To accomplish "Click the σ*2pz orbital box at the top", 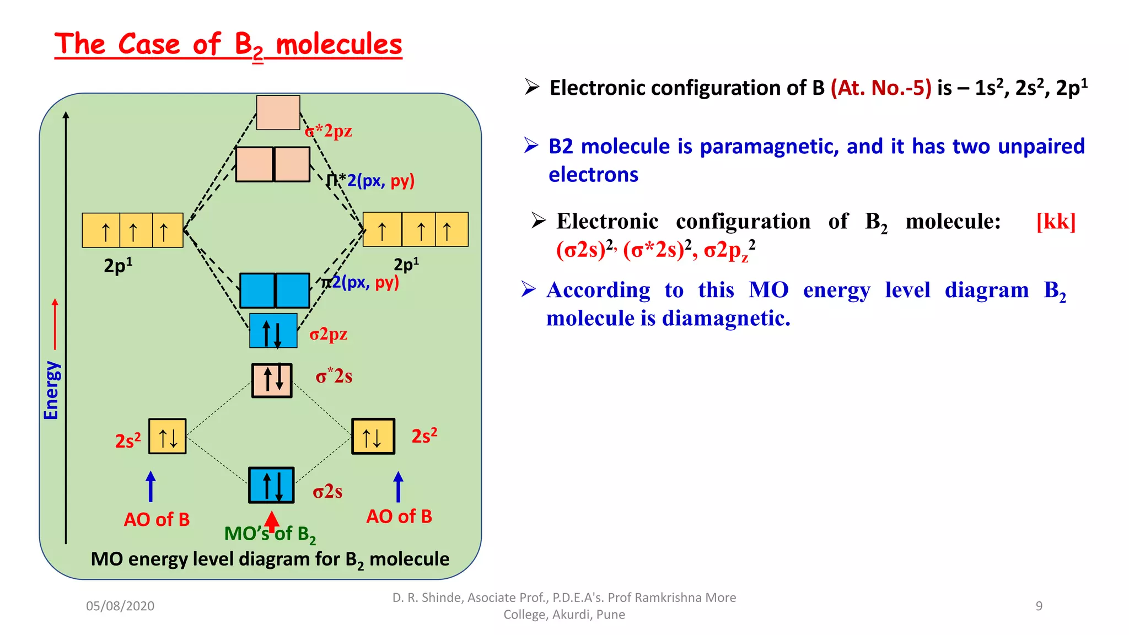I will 278,112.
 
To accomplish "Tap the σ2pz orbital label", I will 328,334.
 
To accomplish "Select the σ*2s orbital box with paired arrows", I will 272,380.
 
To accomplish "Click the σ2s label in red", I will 327,491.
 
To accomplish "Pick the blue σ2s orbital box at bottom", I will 271,486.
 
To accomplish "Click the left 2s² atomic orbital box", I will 168,437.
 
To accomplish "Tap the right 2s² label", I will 424,435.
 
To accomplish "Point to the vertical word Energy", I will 51,390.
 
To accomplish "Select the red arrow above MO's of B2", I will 271,521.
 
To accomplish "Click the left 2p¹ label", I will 118,266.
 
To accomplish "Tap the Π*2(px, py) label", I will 370,180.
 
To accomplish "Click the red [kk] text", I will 1056,222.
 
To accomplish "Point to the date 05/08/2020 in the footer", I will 120,606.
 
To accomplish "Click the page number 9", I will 1039,606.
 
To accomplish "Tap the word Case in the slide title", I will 149,44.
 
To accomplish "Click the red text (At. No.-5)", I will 880,88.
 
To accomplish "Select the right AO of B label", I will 399,516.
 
